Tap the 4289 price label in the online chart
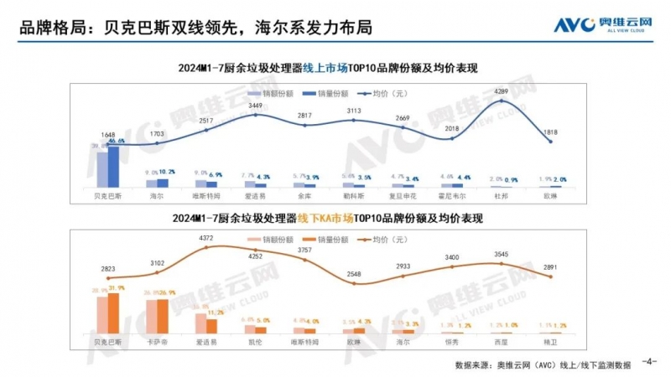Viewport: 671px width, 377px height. pos(502,90)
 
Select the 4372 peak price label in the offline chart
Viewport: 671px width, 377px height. pos(204,238)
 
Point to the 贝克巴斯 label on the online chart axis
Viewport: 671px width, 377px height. pos(108,194)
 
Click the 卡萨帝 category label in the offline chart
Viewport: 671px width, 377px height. pos(157,342)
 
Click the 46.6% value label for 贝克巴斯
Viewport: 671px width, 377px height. pos(117,142)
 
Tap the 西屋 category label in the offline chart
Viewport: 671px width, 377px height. pos(502,342)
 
